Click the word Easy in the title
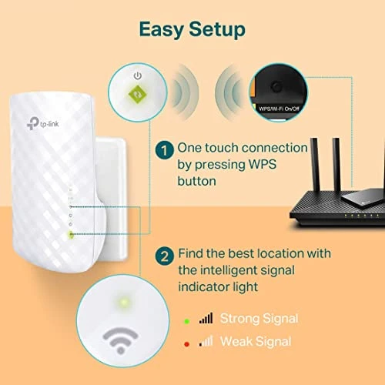click(159, 29)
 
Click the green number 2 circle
click(163, 253)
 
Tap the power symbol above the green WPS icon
click(137, 75)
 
